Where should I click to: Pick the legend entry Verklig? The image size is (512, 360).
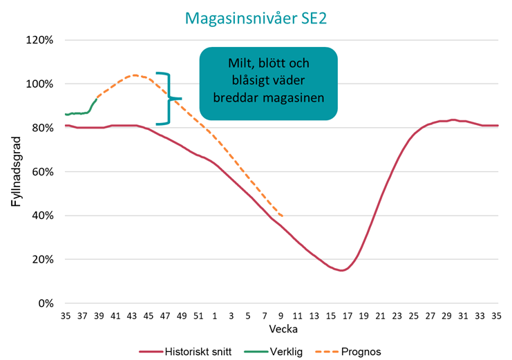point(285,351)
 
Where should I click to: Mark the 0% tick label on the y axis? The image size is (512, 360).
point(46,303)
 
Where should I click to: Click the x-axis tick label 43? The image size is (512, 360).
point(132,316)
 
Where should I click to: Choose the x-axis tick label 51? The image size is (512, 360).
point(198,316)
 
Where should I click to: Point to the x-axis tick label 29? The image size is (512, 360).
point(431,316)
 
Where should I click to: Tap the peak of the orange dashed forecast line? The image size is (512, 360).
point(134,75)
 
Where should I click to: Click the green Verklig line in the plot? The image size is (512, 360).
point(79,113)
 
